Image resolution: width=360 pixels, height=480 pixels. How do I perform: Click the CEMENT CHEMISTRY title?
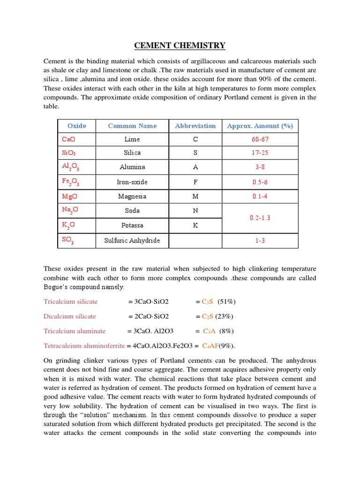click(x=180, y=45)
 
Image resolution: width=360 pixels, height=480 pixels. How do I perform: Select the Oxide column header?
click(x=77, y=126)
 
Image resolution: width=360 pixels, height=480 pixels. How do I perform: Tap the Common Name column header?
click(x=132, y=126)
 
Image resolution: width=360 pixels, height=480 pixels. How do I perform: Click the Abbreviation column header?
click(x=195, y=126)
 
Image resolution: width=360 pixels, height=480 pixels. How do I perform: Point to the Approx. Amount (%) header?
click(x=260, y=126)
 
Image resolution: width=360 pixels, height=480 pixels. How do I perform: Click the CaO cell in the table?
click(x=68, y=139)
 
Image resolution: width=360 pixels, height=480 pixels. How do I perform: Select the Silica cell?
click(x=132, y=153)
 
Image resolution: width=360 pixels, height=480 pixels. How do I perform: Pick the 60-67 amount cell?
click(x=260, y=139)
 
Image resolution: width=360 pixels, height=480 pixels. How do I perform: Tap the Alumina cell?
click(x=132, y=167)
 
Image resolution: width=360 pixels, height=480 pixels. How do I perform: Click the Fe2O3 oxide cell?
click(x=70, y=182)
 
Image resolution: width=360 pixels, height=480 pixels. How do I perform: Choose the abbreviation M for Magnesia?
click(x=195, y=196)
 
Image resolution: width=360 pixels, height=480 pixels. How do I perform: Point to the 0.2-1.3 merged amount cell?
click(x=260, y=218)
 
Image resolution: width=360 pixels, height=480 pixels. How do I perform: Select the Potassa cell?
click(x=132, y=225)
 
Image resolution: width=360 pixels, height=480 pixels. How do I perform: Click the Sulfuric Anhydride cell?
click(x=132, y=240)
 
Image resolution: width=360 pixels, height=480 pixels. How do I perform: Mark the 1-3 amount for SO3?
click(x=260, y=240)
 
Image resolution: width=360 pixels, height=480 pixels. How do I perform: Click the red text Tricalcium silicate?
click(x=70, y=301)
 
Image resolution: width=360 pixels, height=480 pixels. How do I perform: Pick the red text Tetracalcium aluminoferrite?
click(x=84, y=346)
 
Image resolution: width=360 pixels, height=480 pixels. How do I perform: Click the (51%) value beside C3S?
click(x=227, y=301)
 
